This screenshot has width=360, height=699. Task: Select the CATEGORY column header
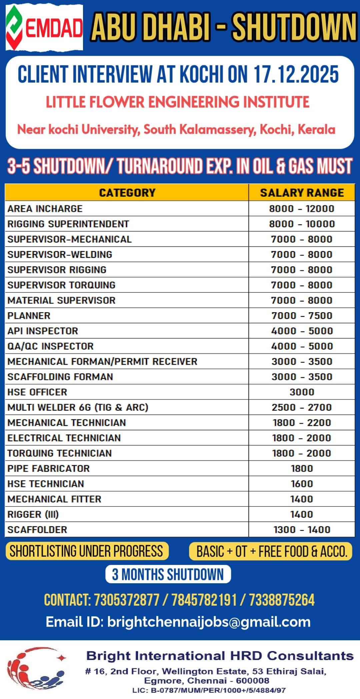pos(127,193)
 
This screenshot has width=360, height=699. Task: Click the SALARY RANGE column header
pos(302,193)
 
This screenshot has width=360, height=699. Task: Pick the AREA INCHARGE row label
pos(45,209)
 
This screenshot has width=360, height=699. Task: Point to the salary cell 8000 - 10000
pos(302,224)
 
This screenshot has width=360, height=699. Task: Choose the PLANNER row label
pos(29,316)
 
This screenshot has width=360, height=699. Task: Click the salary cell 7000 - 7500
pos(302,316)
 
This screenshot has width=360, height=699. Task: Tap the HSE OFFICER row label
pos(37,392)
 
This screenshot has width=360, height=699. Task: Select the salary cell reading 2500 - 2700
pos(302,408)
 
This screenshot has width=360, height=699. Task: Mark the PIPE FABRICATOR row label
pos(49,469)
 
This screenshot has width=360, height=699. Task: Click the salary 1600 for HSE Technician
pos(302,484)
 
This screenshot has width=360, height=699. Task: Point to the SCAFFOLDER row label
pos(37,530)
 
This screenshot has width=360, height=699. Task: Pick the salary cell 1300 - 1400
pos(302,530)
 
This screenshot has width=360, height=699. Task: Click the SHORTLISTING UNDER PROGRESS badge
pos(87,551)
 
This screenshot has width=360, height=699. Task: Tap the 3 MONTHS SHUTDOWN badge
pos(168,574)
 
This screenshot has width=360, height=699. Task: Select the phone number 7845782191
pos(204,600)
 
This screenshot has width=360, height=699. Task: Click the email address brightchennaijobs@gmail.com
pos(209,622)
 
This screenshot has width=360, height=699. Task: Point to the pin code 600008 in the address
pos(253,681)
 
